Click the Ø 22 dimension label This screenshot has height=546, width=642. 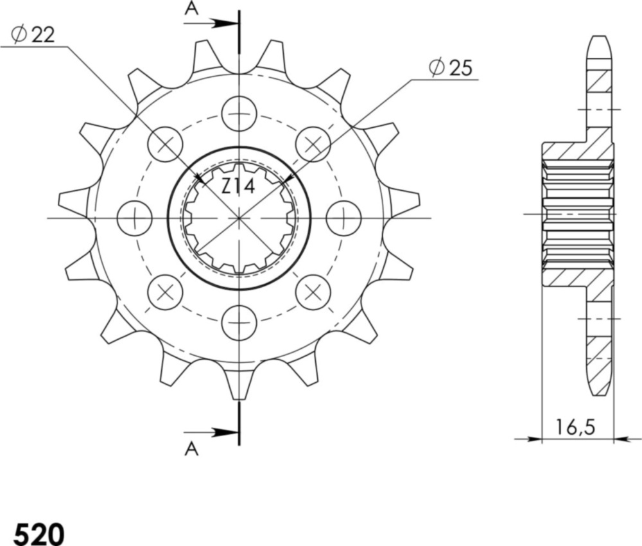pos(33,35)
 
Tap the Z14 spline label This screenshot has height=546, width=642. pos(238,187)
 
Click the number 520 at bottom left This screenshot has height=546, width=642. pos(39,533)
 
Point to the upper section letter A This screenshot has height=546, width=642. pos(191,8)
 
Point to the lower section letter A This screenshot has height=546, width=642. pos(191,450)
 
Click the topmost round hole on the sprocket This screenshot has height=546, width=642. pos(239,114)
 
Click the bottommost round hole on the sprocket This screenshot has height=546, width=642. pos(239,322)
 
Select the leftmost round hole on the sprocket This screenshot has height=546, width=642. pos(135,218)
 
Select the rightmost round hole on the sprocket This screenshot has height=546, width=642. pos(343,218)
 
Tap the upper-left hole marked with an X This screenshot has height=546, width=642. pos(165,144)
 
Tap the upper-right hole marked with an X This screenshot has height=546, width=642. pos(313,144)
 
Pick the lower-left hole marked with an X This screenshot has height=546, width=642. pos(165,292)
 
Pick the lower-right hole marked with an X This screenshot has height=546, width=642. pos(313,292)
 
